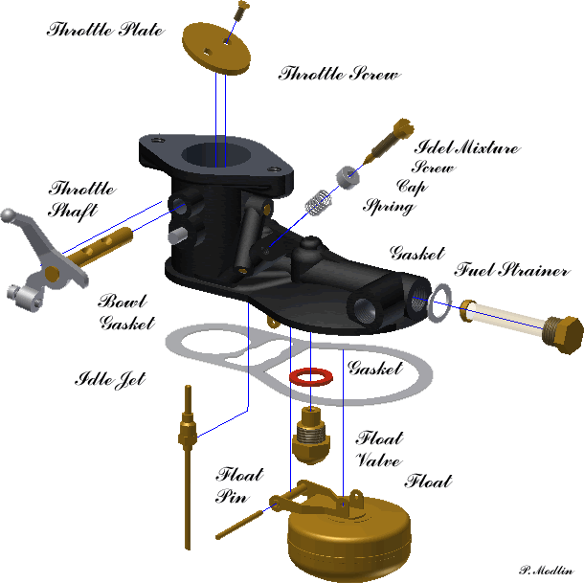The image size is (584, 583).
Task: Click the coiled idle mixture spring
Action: point(319,205)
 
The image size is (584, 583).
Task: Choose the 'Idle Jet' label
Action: point(110,380)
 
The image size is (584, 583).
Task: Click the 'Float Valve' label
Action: point(379,449)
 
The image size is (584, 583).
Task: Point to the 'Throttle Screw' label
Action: point(338,74)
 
